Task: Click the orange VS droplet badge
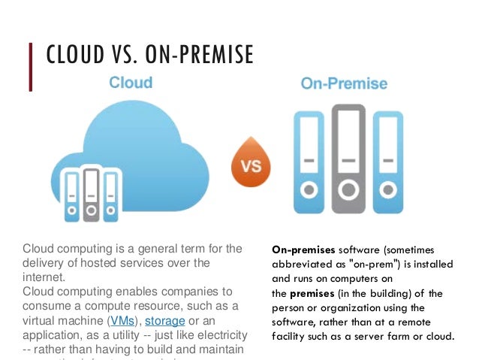(250, 162)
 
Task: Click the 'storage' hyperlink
(164, 321)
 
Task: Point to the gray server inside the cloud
(91, 194)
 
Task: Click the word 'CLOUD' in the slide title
(73, 56)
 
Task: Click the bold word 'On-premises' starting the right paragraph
(303, 250)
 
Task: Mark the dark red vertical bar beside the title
(32, 67)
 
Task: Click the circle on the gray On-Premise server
(348, 188)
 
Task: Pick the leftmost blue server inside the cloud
(71, 197)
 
